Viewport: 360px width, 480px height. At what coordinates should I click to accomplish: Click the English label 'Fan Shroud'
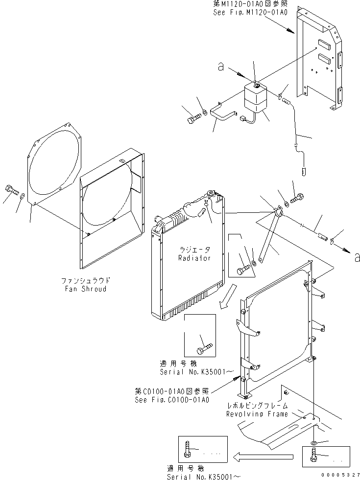click(x=85, y=289)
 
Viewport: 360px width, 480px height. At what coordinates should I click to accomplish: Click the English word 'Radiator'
click(x=194, y=258)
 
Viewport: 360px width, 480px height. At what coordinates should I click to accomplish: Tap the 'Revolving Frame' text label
click(x=257, y=414)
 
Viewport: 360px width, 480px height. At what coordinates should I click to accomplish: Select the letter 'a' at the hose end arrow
click(x=356, y=255)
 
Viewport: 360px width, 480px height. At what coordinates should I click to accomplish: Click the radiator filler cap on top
click(x=211, y=193)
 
